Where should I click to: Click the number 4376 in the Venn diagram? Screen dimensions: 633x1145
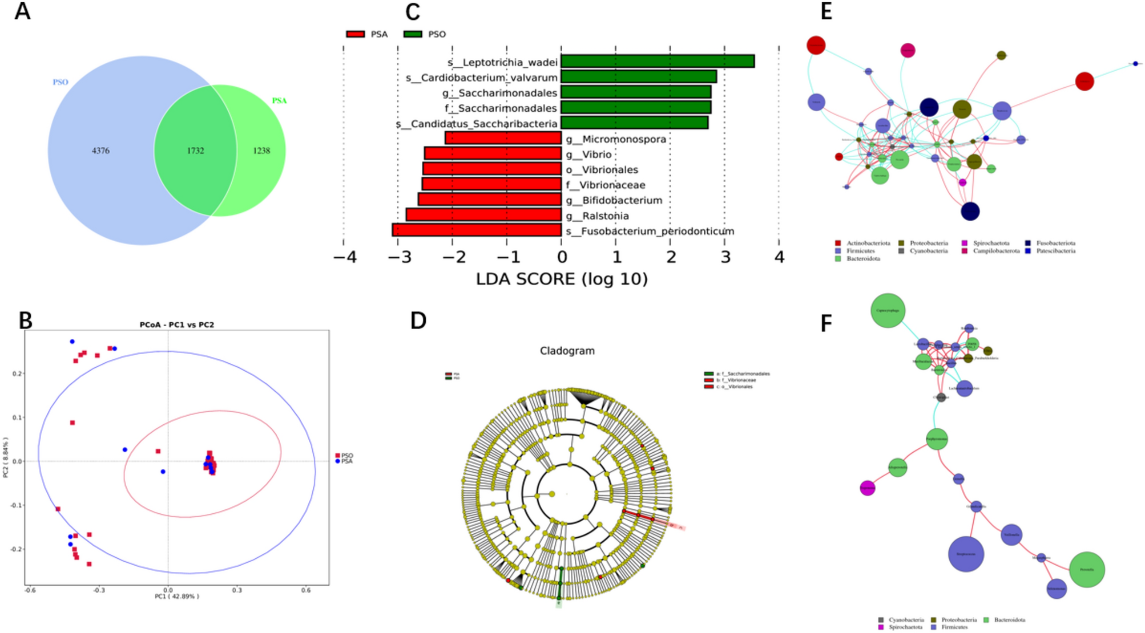coord(100,151)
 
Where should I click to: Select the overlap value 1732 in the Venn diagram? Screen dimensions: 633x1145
coord(195,151)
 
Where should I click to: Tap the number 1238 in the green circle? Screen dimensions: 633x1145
coord(261,151)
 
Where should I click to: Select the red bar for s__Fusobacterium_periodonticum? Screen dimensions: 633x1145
coord(477,230)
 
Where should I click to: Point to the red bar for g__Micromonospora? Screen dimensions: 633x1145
coord(503,138)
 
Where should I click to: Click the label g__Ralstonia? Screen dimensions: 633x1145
coord(597,216)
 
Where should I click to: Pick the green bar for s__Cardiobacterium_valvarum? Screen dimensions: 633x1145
coord(638,76)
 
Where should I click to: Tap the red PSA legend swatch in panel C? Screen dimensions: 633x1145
coord(355,34)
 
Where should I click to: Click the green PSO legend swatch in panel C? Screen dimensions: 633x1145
coord(413,34)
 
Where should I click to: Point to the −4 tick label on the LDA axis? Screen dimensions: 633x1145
coord(345,257)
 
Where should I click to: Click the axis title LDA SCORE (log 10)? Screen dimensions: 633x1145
coord(562,279)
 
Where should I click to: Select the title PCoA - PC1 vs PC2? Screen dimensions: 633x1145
coord(177,324)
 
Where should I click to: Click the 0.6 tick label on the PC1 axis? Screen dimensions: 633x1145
coord(306,590)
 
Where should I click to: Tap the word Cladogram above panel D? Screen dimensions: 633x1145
coord(567,351)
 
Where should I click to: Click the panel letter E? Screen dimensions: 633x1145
coord(826,12)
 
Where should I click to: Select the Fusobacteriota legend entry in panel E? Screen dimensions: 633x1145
coord(1055,243)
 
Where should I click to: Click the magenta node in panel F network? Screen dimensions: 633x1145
coord(867,488)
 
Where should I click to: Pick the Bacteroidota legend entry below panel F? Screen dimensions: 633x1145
coord(1009,620)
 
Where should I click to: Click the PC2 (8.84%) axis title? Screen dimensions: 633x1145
coord(6,457)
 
